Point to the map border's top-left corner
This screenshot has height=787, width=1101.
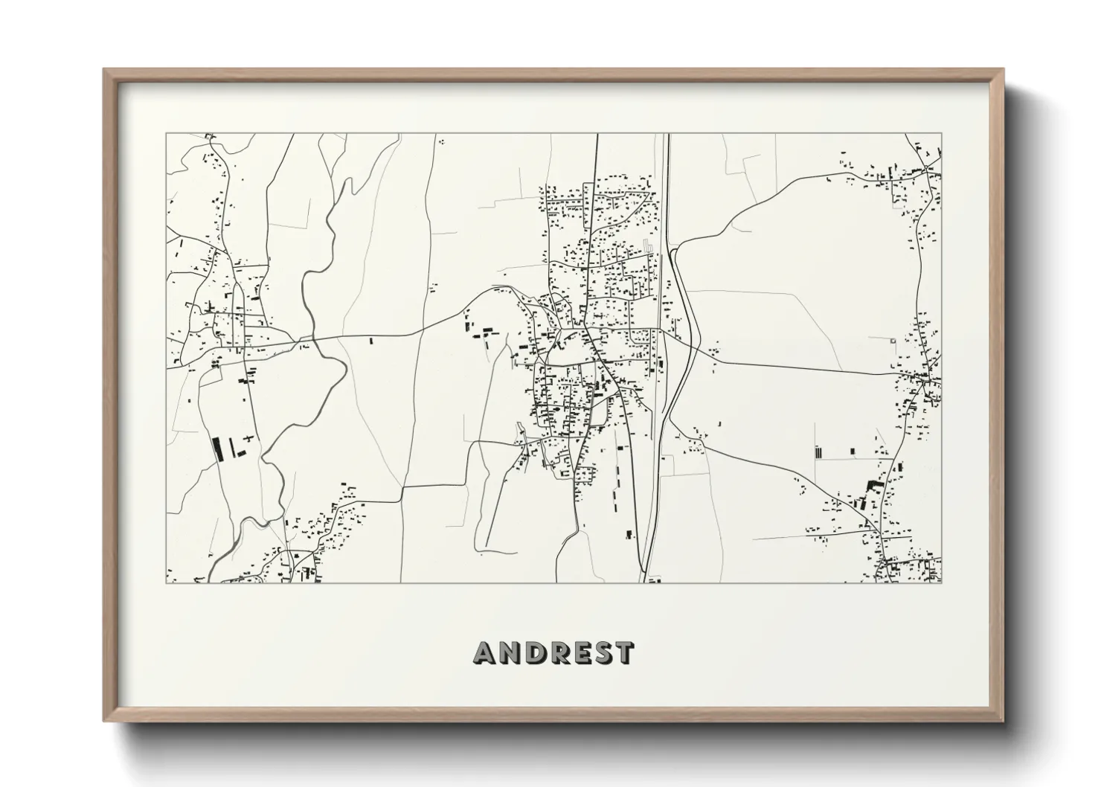[x=166, y=134]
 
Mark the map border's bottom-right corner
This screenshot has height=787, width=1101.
[x=942, y=582]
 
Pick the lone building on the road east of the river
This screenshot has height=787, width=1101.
[x=370, y=341]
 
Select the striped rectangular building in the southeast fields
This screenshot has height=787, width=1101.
[x=818, y=451]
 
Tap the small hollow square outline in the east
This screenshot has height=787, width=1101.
[x=893, y=341]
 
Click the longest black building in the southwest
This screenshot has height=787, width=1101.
[x=217, y=449]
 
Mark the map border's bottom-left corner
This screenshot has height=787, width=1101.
[x=166, y=582]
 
